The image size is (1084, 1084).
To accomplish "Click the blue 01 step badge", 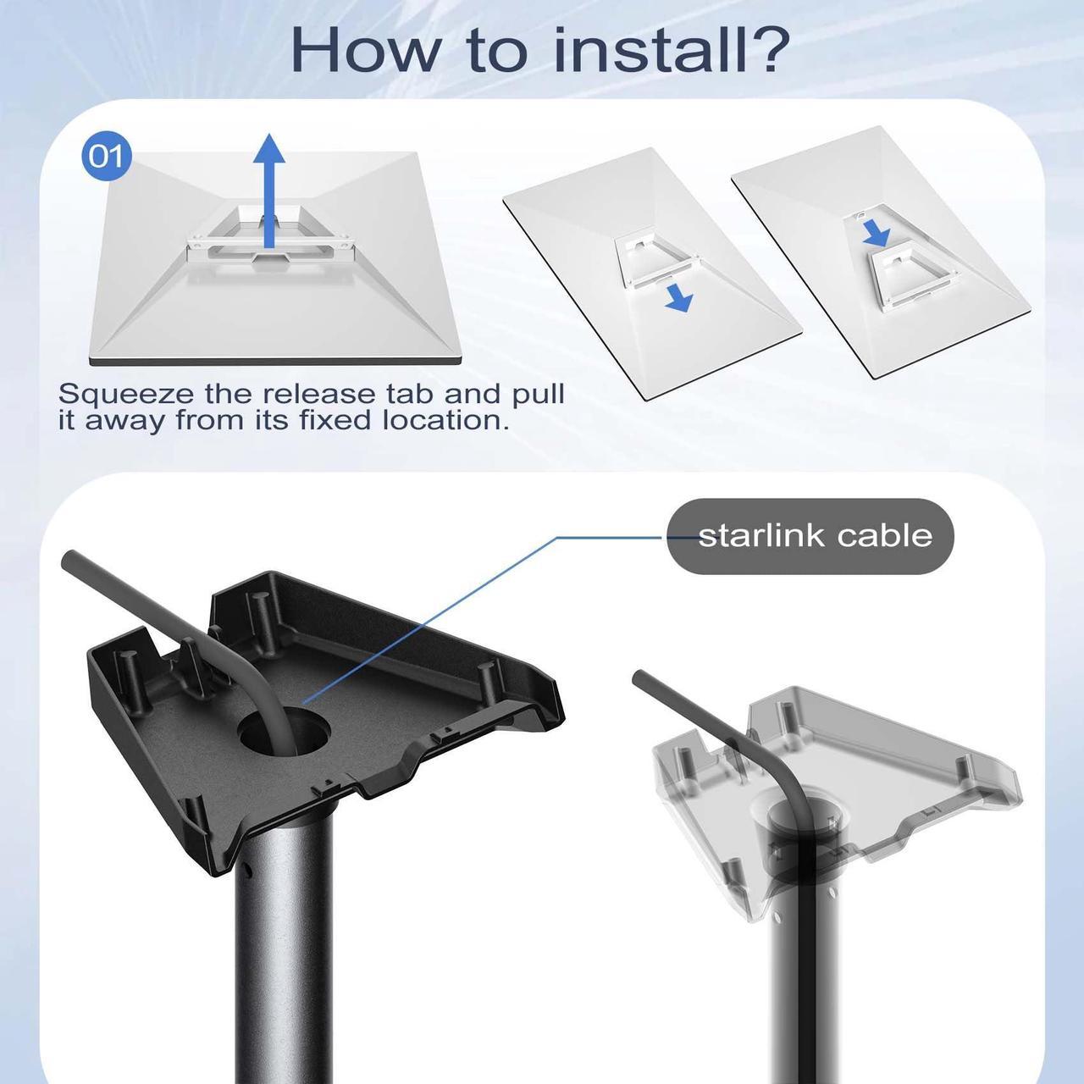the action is tap(107, 157).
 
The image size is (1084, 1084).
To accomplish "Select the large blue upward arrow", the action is tap(269, 191).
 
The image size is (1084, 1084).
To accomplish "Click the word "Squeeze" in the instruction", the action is tap(125, 395).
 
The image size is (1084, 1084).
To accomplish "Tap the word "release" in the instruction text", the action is tap(319, 394).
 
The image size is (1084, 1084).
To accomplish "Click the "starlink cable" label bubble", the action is tap(810, 535).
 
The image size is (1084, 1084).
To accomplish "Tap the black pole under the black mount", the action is tap(283, 945).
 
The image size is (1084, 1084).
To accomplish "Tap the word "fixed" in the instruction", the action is tap(335, 420).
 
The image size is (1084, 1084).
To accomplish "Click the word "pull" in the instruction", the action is tap(538, 395).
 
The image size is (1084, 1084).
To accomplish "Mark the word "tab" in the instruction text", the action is tap(410, 394).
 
